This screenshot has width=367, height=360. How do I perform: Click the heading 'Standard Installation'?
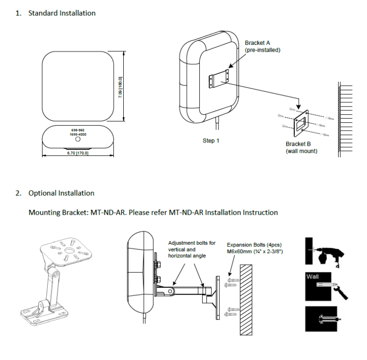pos(62,13)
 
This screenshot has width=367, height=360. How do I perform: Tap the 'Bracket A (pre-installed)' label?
pos(262,46)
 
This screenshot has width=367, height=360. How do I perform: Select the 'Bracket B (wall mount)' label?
pos(302,147)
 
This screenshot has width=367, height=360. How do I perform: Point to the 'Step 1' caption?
pos(212,141)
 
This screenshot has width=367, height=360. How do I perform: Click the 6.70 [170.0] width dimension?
pos(78,153)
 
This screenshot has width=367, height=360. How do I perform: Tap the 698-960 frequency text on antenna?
pos(78,130)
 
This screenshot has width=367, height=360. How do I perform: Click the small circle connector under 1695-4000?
pos(78,141)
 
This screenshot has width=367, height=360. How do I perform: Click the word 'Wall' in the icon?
pos(312,276)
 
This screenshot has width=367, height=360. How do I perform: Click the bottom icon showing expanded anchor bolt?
pos(323,318)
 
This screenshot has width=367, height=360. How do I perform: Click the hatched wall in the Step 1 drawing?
pos(346,120)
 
